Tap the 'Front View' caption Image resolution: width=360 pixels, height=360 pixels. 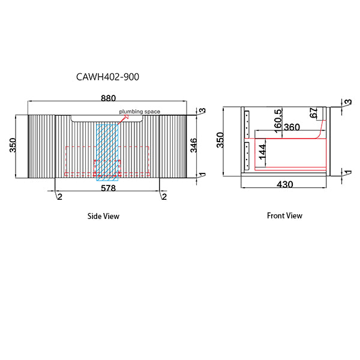coord(284,215)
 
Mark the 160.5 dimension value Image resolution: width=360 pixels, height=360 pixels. coord(277,119)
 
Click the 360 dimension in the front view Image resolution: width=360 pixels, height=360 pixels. coord(292,128)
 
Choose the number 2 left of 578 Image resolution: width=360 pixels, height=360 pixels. coord(59,197)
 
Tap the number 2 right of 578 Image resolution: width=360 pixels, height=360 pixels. coord(163,197)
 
